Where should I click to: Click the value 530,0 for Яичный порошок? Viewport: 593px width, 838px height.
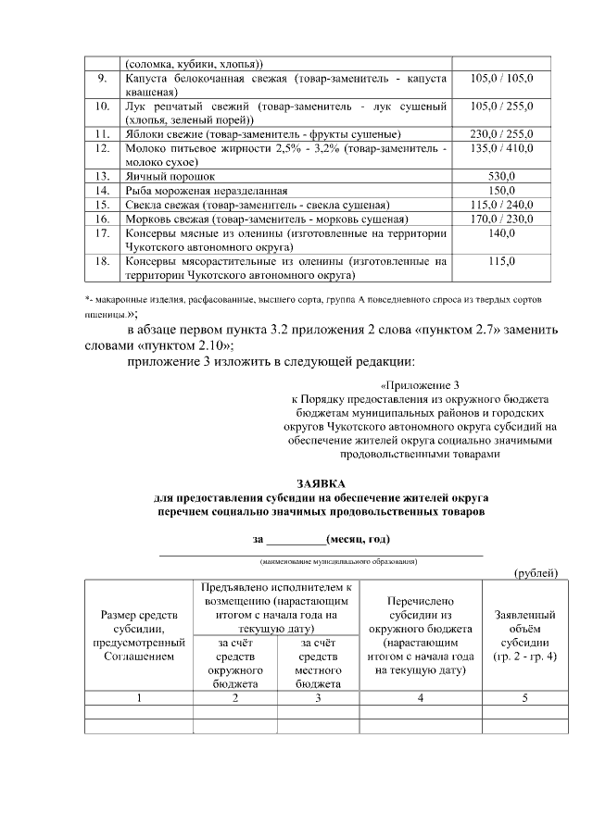[501, 175]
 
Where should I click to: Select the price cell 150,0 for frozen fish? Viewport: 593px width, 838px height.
[501, 190]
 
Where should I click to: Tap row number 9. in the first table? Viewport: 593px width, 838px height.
[103, 80]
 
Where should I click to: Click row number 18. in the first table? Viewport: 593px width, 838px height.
[103, 262]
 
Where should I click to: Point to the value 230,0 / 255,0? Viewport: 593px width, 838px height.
[501, 133]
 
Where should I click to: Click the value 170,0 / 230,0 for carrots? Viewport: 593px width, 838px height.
[501, 219]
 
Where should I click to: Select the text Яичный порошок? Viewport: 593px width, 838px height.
[170, 175]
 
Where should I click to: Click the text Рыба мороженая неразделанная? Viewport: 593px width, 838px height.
[204, 190]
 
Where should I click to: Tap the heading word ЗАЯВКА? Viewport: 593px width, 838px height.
[321, 484]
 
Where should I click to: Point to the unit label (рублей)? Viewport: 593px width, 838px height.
[536, 573]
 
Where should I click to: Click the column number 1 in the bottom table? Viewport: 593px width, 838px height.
[138, 697]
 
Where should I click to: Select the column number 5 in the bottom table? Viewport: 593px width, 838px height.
[524, 697]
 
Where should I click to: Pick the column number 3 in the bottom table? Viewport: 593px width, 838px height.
[318, 697]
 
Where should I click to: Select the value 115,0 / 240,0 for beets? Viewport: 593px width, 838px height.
[501, 205]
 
